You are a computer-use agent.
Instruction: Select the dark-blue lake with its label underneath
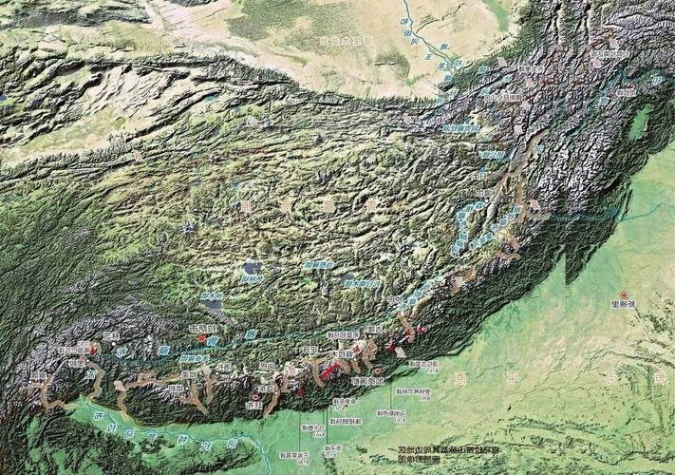[251, 269]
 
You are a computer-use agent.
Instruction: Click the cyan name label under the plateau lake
[250, 281]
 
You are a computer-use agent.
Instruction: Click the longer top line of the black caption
[436, 448]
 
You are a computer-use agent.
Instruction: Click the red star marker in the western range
[92, 350]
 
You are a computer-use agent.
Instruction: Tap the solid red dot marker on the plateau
[201, 338]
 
